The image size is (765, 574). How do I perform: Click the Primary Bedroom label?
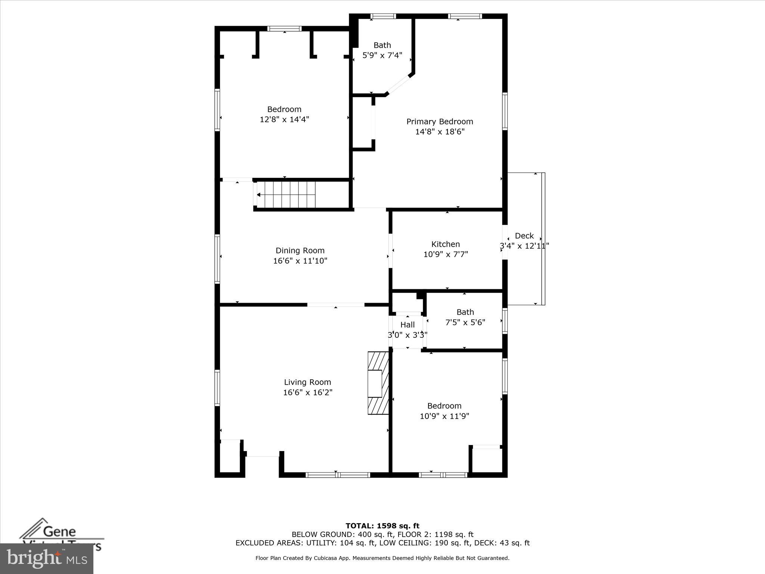(x=440, y=121)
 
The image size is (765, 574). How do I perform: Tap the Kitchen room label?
(x=445, y=244)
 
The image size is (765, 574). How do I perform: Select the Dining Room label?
(x=300, y=250)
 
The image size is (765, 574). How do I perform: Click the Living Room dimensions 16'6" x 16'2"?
(x=307, y=392)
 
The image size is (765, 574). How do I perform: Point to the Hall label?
(x=407, y=325)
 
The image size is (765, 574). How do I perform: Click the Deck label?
(x=524, y=236)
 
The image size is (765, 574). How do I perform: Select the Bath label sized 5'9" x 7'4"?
(x=382, y=45)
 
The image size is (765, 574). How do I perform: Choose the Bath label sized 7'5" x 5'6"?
(x=465, y=312)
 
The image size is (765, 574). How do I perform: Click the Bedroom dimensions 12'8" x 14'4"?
(x=284, y=120)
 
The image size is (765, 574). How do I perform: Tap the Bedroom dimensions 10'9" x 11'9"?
(x=444, y=416)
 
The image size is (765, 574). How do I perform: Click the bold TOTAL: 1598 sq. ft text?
(x=382, y=526)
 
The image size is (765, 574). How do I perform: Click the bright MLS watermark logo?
(x=47, y=559)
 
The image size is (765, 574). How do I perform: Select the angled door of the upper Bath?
(x=398, y=84)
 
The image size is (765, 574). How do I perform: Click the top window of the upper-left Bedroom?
(x=284, y=29)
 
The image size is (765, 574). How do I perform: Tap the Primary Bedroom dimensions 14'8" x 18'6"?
(x=440, y=132)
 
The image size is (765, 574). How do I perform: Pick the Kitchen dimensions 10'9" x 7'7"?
(x=445, y=254)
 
